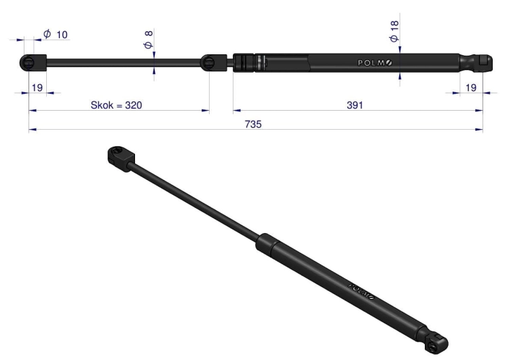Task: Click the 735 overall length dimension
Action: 253,124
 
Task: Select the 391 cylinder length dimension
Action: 355,105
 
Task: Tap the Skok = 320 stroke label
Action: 116,105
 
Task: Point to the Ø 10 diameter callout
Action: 56,34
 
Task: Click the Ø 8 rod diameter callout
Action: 149,39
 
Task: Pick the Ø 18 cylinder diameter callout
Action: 394,31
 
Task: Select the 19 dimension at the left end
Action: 37,88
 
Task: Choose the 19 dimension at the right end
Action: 471,88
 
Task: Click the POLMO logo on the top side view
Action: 375,62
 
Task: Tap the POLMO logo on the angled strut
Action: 361,291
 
